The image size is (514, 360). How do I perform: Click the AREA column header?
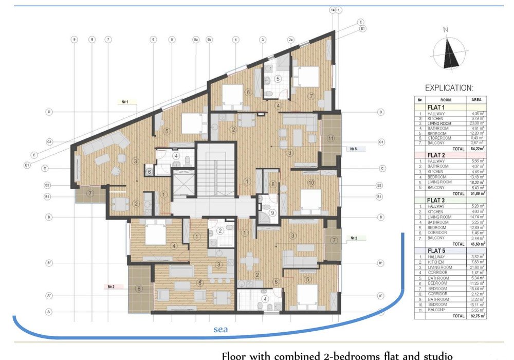[x=476, y=100]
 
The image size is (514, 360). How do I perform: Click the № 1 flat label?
[x=125, y=102]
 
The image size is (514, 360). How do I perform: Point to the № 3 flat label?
[x=354, y=238]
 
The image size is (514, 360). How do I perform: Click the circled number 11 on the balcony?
[x=331, y=138]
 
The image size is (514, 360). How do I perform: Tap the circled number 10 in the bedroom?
[x=311, y=183]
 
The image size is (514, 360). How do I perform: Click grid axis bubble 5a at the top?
[x=196, y=39]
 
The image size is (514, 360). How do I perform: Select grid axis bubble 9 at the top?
[x=75, y=39]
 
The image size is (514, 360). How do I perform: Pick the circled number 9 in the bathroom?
[x=273, y=213]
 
